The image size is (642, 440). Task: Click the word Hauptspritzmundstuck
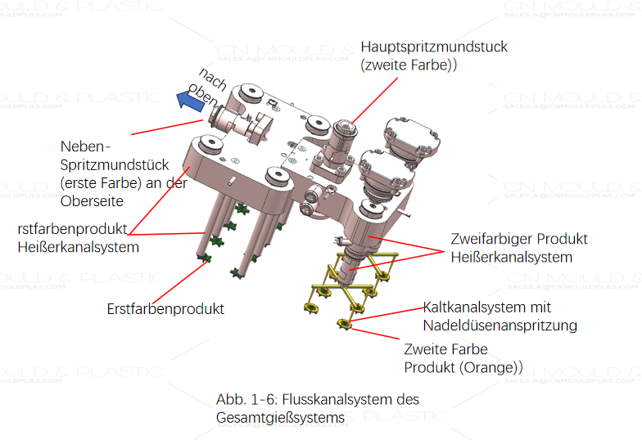point(434,47)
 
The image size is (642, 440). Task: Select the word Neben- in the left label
point(84,146)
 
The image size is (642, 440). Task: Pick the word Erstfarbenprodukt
point(165,309)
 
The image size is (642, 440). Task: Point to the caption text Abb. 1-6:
point(245,400)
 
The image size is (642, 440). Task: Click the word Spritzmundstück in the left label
point(115,164)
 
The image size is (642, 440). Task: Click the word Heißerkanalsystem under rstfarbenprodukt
point(78,246)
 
